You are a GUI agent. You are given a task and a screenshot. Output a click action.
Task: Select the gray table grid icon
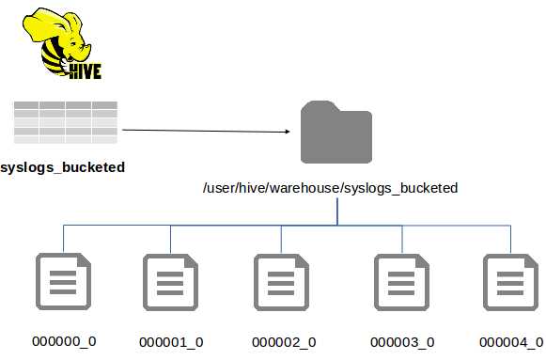(x=65, y=121)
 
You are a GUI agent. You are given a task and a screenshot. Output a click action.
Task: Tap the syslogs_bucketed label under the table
(x=63, y=167)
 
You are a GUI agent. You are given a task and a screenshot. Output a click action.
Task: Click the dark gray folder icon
(x=335, y=133)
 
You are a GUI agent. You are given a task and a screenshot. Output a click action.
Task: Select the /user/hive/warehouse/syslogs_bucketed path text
(x=330, y=188)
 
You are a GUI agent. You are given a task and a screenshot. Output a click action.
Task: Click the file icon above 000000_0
(x=63, y=283)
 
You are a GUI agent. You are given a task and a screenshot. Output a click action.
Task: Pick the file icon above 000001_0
(x=170, y=283)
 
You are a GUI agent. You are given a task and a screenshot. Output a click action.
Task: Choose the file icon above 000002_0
(x=281, y=283)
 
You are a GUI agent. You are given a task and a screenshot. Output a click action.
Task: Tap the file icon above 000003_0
(x=402, y=283)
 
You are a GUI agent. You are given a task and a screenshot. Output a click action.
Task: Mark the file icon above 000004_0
(x=510, y=283)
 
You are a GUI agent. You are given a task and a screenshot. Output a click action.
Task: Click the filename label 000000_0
(x=64, y=340)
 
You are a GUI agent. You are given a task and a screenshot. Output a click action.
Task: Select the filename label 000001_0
(x=171, y=341)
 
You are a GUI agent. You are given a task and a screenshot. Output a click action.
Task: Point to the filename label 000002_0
(x=284, y=341)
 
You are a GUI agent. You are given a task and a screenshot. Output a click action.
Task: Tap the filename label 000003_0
(x=402, y=341)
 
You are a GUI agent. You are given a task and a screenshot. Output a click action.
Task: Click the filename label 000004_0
(x=510, y=341)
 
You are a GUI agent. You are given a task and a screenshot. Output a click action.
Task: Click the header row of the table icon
(x=65, y=105)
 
